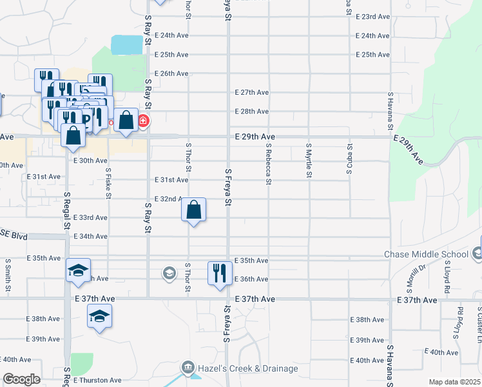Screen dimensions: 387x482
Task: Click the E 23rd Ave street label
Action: click(372, 17)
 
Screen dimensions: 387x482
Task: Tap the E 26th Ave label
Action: click(171, 74)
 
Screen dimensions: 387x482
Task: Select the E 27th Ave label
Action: click(252, 92)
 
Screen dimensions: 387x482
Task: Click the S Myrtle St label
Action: click(309, 161)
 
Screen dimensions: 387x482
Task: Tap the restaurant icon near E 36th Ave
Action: click(220, 272)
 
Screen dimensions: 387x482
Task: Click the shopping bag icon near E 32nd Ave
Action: click(194, 210)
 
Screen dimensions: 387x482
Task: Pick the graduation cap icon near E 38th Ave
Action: click(99, 316)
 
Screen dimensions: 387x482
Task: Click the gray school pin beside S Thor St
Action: click(169, 273)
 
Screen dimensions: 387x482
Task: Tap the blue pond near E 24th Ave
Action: click(127, 45)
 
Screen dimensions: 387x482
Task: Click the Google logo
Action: click(21, 379)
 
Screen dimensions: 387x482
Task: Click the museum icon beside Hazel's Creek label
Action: click(188, 368)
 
